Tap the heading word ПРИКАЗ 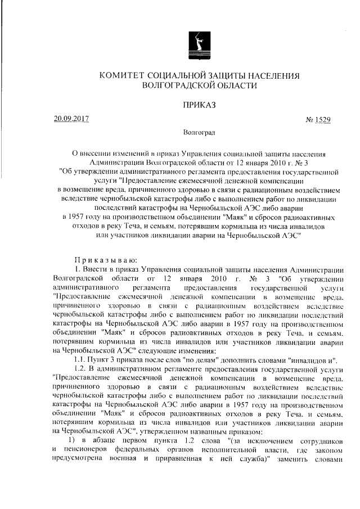184,105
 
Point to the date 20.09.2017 71,119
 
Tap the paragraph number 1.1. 74,359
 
